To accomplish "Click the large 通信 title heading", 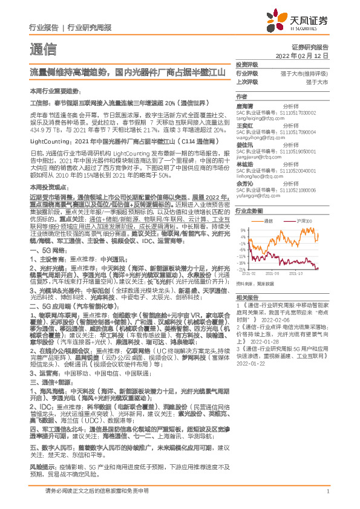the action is pyautogui.click(x=42, y=49).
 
